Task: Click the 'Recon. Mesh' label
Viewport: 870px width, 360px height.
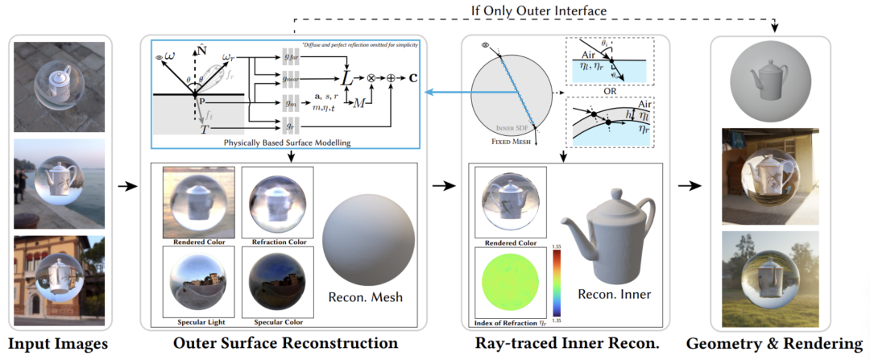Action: [x=366, y=299]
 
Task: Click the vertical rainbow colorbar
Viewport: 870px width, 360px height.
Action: [x=556, y=282]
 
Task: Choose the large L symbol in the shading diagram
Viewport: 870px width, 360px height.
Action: [x=346, y=78]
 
